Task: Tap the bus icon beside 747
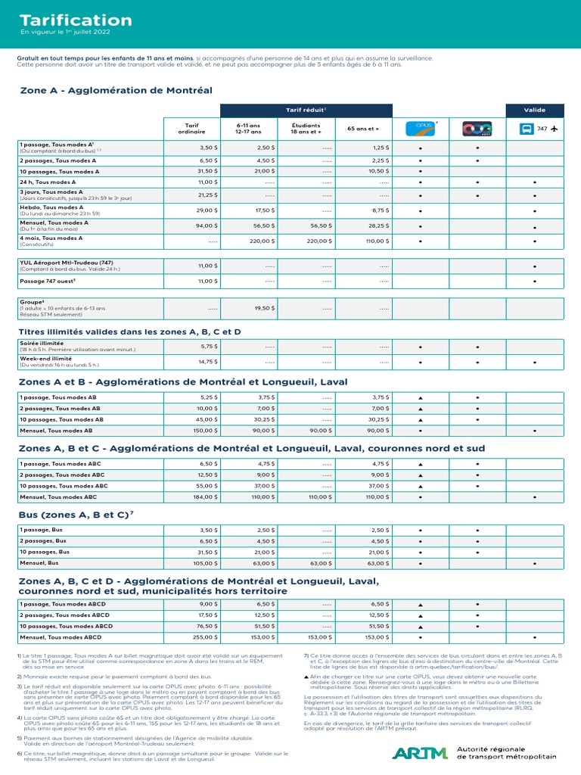point(527,129)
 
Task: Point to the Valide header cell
point(534,110)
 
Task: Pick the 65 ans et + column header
point(364,129)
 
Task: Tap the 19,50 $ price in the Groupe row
point(263,308)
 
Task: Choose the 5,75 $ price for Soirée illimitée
point(208,346)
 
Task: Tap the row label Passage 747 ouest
point(48,281)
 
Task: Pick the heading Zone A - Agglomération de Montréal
point(116,91)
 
